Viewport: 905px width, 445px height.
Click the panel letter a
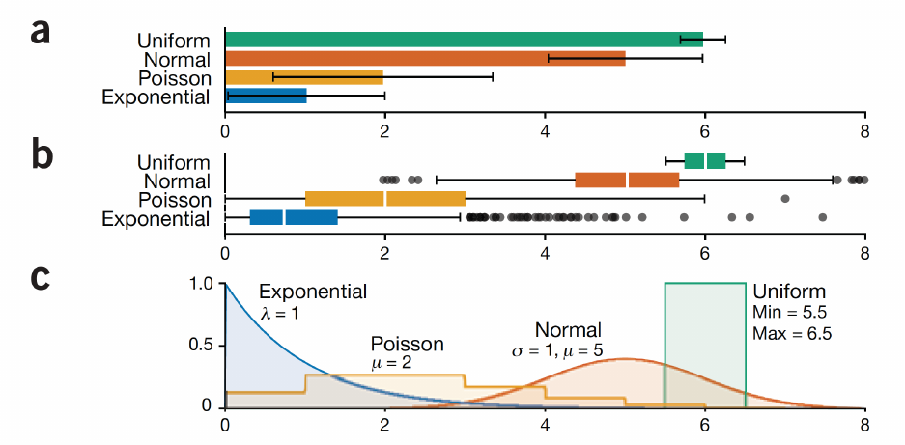[40, 32]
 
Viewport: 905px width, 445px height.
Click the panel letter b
[40, 156]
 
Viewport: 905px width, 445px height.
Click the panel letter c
[40, 277]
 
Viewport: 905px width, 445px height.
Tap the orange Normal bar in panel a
[425, 58]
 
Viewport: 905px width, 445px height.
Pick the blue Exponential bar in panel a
[266, 96]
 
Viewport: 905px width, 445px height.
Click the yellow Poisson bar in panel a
[304, 76]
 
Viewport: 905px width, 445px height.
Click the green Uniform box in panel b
[705, 161]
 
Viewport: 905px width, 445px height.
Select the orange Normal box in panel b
[627, 180]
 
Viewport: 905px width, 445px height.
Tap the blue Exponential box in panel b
[294, 217]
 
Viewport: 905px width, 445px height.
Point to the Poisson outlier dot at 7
[785, 199]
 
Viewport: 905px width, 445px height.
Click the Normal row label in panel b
[176, 181]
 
